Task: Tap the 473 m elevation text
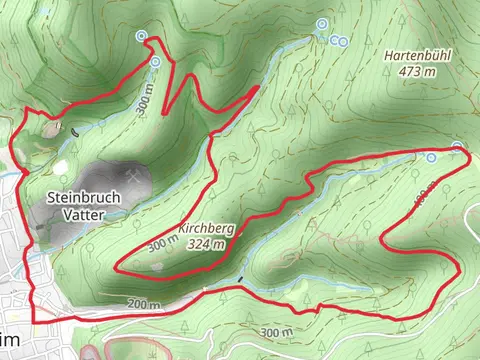416,72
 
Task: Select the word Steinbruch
84,198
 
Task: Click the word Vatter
83,213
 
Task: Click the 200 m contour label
144,303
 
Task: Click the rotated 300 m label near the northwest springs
146,103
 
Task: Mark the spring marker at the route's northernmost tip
142,36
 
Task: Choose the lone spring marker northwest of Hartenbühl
322,24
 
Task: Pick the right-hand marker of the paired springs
343,41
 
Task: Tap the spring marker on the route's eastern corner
457,147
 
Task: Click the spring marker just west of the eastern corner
432,157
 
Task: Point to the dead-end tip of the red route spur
259,87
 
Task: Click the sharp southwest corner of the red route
34,321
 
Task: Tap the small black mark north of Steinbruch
74,129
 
